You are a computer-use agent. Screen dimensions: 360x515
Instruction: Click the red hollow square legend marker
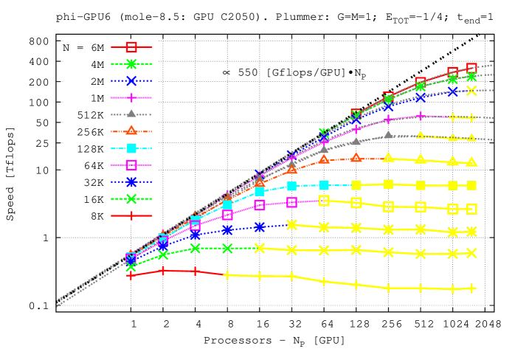131,46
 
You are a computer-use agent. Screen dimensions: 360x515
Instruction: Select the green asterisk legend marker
131,64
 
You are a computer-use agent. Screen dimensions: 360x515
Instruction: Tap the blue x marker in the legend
131,81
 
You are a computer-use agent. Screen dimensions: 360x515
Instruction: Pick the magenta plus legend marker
131,97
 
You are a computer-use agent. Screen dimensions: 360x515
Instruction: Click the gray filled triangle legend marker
131,114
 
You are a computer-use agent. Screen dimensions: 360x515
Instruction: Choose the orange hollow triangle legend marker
131,131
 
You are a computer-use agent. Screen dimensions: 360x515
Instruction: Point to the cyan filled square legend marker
131,148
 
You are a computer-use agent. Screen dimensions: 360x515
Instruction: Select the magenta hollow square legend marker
131,165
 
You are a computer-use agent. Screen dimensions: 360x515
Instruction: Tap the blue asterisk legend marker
131,181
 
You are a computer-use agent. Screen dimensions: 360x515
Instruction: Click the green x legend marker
131,198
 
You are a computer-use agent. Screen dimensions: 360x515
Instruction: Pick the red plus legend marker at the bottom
131,215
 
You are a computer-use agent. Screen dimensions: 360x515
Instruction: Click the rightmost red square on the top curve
471,68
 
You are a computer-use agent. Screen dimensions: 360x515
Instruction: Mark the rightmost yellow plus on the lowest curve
471,288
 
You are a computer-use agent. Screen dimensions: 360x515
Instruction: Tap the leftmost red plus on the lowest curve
131,275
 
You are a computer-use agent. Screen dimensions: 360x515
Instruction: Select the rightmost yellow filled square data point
471,185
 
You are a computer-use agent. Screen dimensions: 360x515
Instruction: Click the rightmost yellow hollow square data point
471,209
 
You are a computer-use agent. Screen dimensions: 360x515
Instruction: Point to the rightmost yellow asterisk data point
471,232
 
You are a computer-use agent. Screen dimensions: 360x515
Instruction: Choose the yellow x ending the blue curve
471,91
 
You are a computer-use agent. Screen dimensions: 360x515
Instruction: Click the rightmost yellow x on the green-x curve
471,253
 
